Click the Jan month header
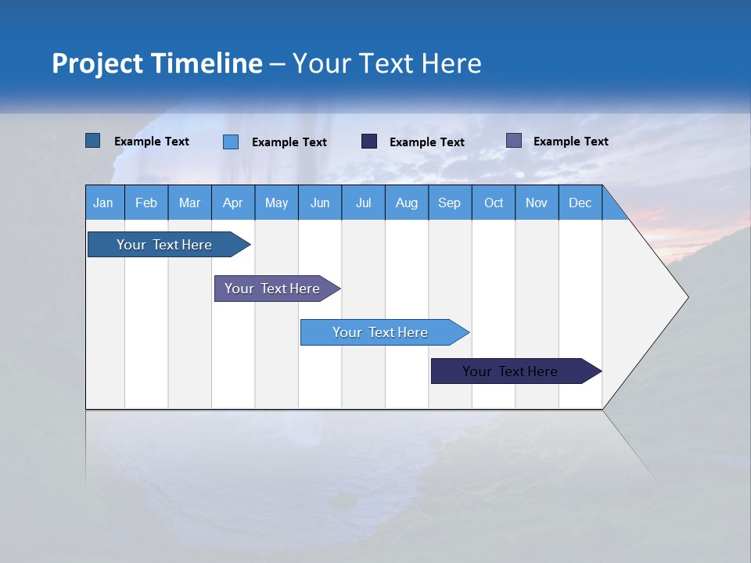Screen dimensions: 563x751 coord(104,203)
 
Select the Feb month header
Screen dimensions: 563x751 coord(146,203)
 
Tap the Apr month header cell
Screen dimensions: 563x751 coord(233,203)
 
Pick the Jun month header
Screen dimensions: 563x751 coord(320,203)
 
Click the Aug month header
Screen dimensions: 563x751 coord(407,203)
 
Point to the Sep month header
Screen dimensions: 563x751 coord(450,203)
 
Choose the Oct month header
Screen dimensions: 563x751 coord(494,203)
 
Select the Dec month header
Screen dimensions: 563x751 coord(580,203)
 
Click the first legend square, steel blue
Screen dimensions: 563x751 coord(92,141)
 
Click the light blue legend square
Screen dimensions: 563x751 coord(231,142)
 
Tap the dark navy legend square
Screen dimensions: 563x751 coord(369,141)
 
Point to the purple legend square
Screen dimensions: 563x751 coord(514,141)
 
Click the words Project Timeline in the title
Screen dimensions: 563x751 coord(156,63)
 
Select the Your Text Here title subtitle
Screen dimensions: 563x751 coord(387,63)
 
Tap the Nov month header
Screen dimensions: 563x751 coord(537,203)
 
